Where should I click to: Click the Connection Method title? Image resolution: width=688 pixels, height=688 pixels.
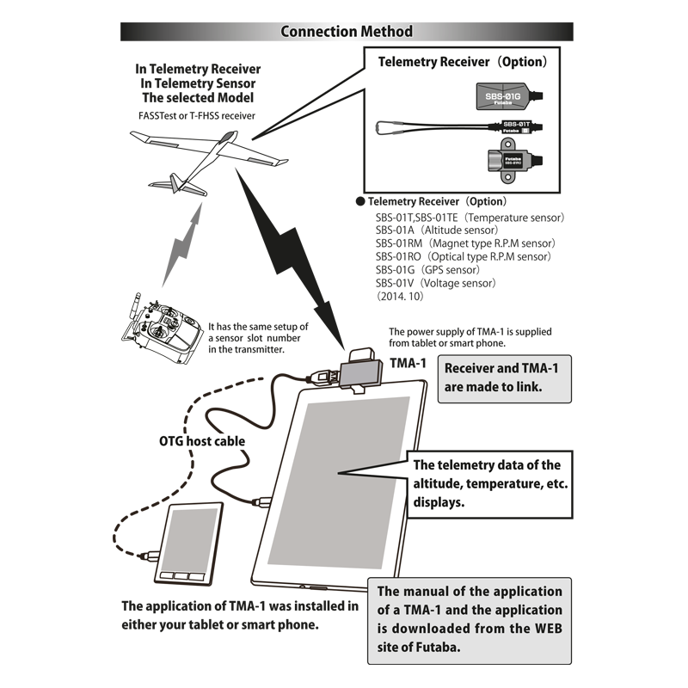coord(347,32)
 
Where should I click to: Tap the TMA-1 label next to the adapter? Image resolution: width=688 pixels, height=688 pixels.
coord(408,363)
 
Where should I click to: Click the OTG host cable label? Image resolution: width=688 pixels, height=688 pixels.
coord(202,441)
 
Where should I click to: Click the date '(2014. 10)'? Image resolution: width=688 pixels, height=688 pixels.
coord(402,295)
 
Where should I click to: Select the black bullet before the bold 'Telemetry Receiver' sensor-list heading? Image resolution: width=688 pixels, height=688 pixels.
coord(360,202)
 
